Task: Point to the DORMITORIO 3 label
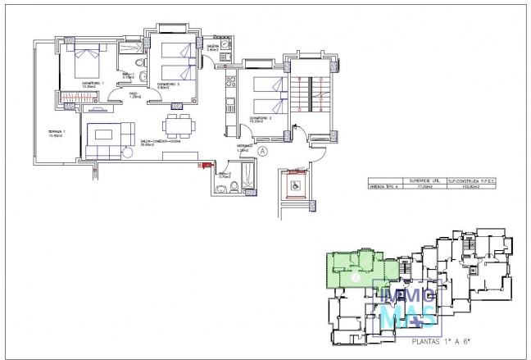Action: click(x=168, y=85)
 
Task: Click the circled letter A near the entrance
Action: click(x=262, y=151)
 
